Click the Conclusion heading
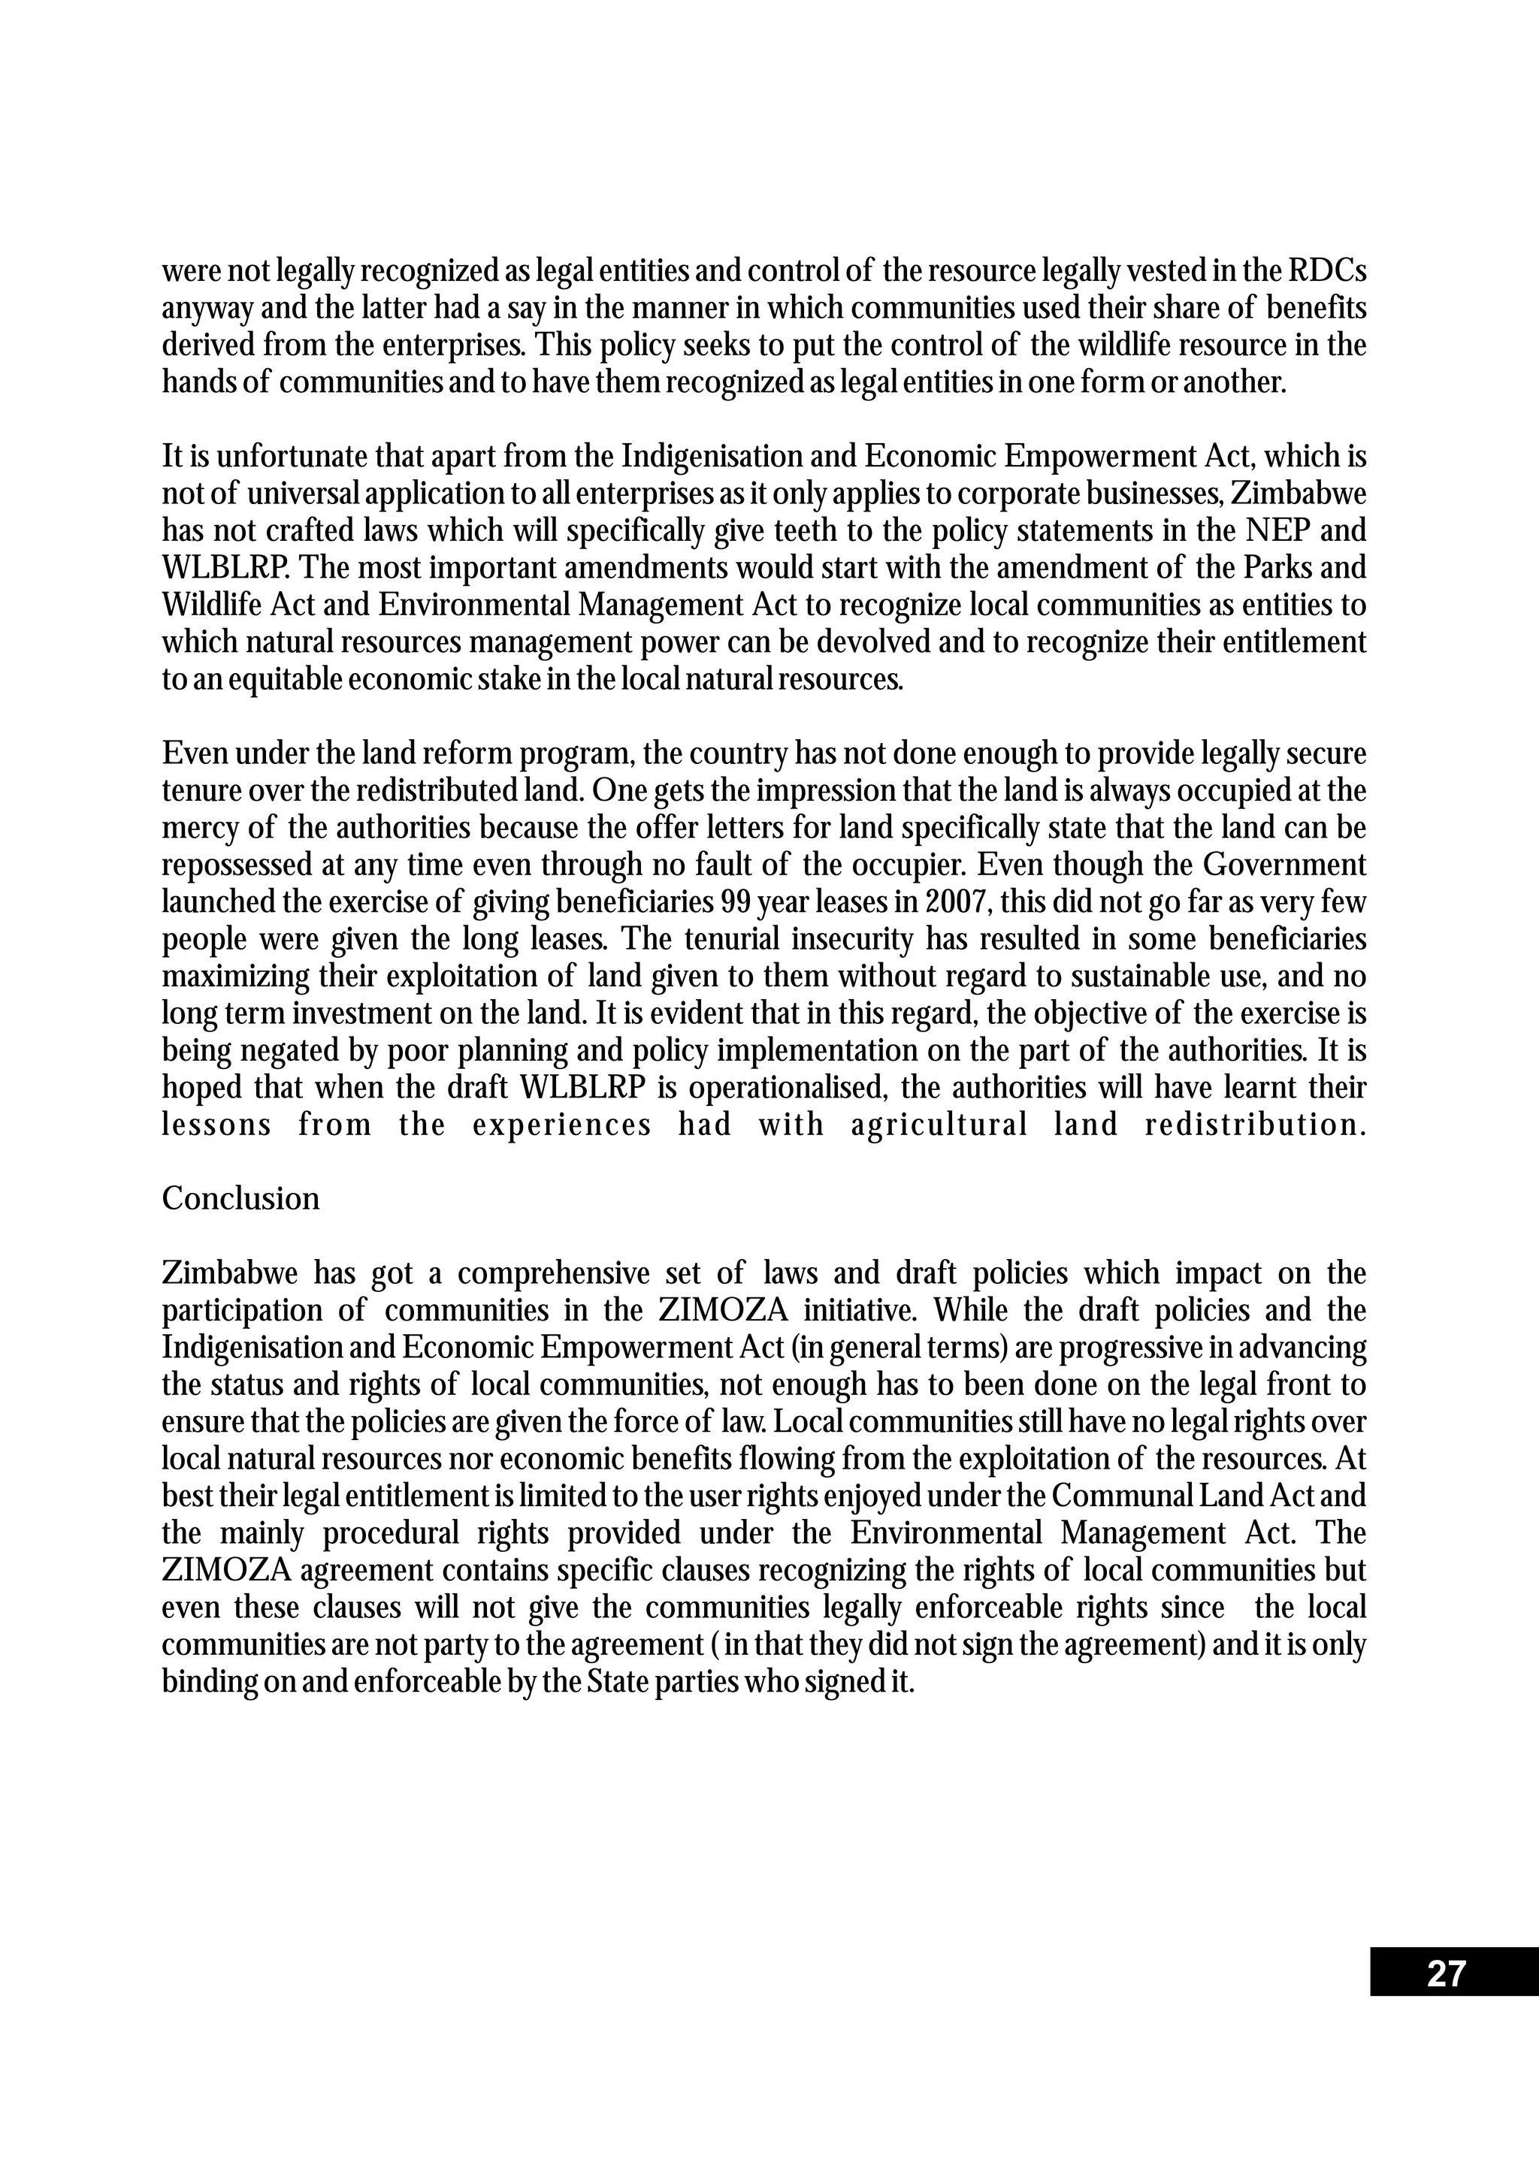click(240, 1199)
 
